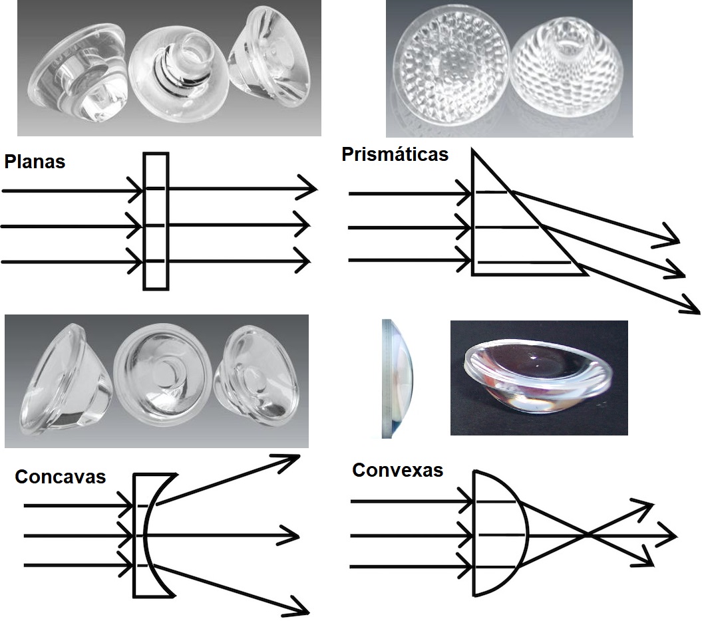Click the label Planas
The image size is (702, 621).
click(x=35, y=162)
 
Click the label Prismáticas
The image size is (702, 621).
click(x=395, y=154)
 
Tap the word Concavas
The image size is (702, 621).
click(x=60, y=477)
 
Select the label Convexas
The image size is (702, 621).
click(x=397, y=470)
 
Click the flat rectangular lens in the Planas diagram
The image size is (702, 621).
click(x=156, y=221)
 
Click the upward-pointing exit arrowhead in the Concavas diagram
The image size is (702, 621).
click(x=290, y=459)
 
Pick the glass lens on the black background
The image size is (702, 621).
click(x=539, y=377)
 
